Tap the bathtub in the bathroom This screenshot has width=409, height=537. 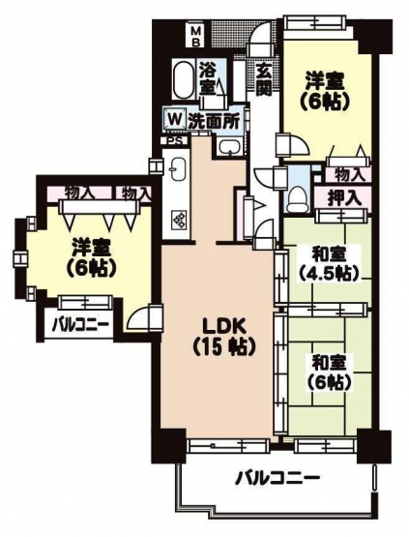click(183, 79)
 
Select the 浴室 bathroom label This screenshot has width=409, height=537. click(208, 79)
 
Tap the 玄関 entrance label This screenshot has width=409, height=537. click(264, 79)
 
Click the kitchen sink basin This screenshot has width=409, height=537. click(177, 168)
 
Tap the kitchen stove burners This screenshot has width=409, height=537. click(179, 218)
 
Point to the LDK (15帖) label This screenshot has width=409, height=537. click(223, 339)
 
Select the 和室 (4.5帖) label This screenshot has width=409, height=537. click(330, 264)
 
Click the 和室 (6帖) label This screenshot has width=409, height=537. click(330, 373)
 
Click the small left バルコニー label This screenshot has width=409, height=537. click(81, 323)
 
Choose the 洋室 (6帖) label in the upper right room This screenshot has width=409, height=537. click(326, 92)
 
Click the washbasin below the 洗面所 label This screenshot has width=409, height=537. click(229, 147)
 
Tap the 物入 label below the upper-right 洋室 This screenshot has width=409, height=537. click(348, 176)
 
